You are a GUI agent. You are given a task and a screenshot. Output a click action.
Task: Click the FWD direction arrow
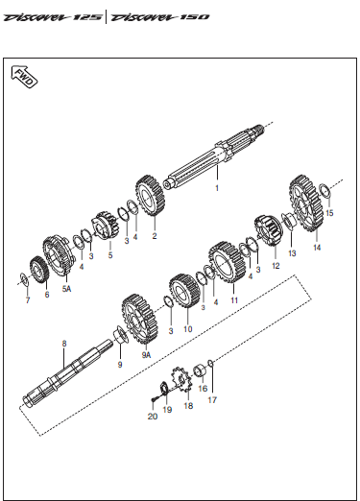[24, 77]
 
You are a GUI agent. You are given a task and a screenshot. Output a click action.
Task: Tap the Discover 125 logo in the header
[53, 17]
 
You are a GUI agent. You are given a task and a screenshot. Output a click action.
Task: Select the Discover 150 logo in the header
[159, 17]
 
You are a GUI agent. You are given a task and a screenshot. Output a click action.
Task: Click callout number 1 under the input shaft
[217, 188]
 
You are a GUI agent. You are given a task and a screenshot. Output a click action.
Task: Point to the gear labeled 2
[150, 196]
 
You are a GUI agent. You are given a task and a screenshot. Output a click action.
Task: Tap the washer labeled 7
[24, 278]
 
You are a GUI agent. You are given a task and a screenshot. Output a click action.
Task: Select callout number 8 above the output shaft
[64, 344]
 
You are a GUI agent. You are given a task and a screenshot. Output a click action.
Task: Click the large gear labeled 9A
[140, 319]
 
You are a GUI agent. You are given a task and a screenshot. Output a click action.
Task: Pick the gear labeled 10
[184, 291]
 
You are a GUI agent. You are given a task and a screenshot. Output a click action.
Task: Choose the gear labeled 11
[228, 262]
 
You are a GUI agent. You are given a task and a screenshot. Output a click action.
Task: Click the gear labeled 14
[306, 203]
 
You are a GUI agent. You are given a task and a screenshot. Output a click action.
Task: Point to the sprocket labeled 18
[181, 380]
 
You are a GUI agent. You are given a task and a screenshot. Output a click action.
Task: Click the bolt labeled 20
[154, 399]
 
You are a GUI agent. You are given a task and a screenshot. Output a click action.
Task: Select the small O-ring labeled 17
[210, 363]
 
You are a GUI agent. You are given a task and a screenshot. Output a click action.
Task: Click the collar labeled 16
[201, 370]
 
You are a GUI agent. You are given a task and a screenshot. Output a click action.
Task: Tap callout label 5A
[66, 289]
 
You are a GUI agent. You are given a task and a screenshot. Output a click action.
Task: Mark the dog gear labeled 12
[269, 230]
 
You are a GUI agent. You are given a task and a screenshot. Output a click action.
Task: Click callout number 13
[292, 253]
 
